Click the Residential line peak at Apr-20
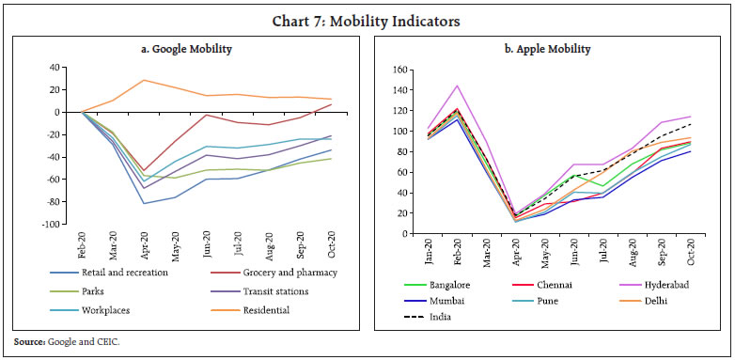(x=145, y=80)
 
